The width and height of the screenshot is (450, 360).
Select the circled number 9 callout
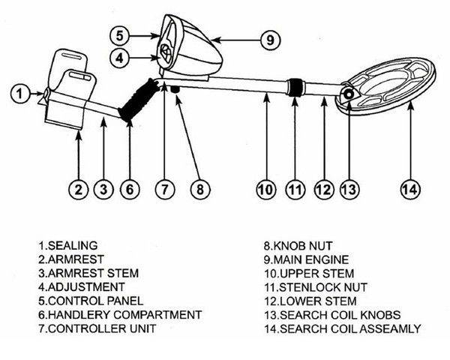268,40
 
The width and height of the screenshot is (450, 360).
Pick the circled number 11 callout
293,190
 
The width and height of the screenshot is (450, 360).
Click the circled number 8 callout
199,190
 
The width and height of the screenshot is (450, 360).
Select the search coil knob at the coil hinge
349,94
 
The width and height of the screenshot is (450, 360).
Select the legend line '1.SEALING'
64,245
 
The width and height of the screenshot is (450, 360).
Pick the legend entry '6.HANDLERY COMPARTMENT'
119,315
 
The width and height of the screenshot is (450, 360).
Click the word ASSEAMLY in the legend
392,328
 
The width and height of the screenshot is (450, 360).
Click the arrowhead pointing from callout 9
213,38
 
